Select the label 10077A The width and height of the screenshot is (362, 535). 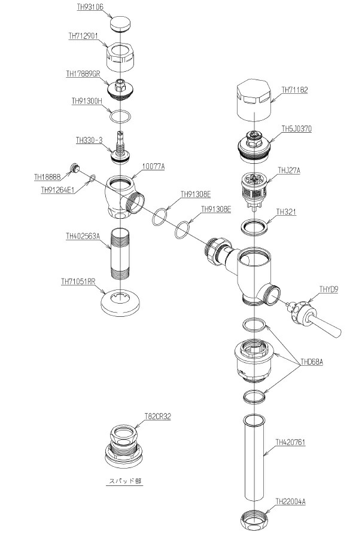153,167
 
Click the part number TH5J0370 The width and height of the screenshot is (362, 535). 296,129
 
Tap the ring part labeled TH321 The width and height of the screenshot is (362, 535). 254,227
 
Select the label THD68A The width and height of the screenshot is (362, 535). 311,362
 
